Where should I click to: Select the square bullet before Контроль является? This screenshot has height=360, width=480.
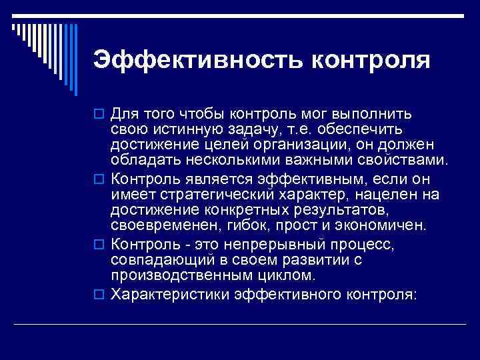coord(100,179)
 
